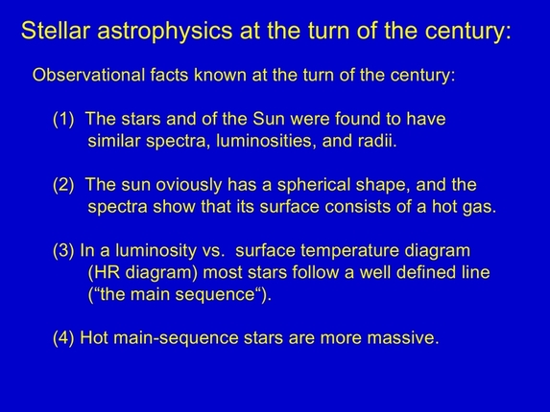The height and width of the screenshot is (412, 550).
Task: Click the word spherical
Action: (x=309, y=185)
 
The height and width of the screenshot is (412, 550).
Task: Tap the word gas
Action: (x=480, y=207)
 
